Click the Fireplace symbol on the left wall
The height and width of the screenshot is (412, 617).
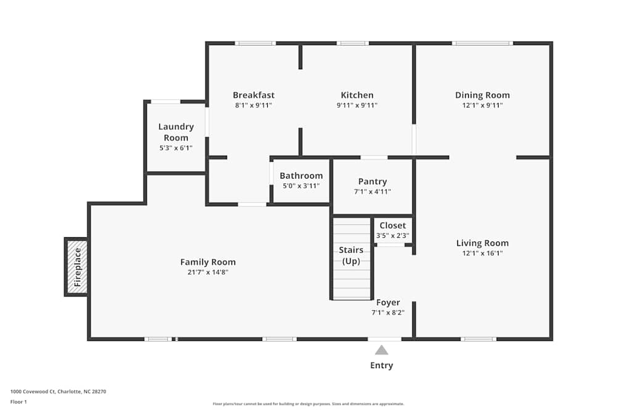point(77,267)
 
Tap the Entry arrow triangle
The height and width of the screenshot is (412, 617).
point(382,350)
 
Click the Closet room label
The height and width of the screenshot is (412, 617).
point(392,225)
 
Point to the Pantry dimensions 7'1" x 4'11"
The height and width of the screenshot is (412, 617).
point(373,191)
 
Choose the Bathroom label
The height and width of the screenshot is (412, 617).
point(301,176)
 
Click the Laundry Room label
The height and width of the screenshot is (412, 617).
point(176,132)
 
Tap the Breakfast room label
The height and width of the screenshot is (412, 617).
point(254,95)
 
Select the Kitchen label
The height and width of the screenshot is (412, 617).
point(357,95)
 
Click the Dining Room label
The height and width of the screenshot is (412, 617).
point(482,95)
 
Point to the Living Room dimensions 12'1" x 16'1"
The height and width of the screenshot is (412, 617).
point(482,253)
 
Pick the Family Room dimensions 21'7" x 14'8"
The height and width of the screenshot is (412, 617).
point(208,272)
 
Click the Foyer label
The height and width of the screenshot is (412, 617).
point(388,303)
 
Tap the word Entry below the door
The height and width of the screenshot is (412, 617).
point(382,365)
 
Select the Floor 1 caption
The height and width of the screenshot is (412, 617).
point(19,401)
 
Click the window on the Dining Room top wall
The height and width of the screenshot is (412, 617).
point(482,43)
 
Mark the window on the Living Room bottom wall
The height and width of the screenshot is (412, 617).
point(479,338)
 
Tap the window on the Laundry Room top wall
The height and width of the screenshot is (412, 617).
point(165,101)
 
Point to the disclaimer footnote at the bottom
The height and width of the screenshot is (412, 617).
point(308,404)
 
